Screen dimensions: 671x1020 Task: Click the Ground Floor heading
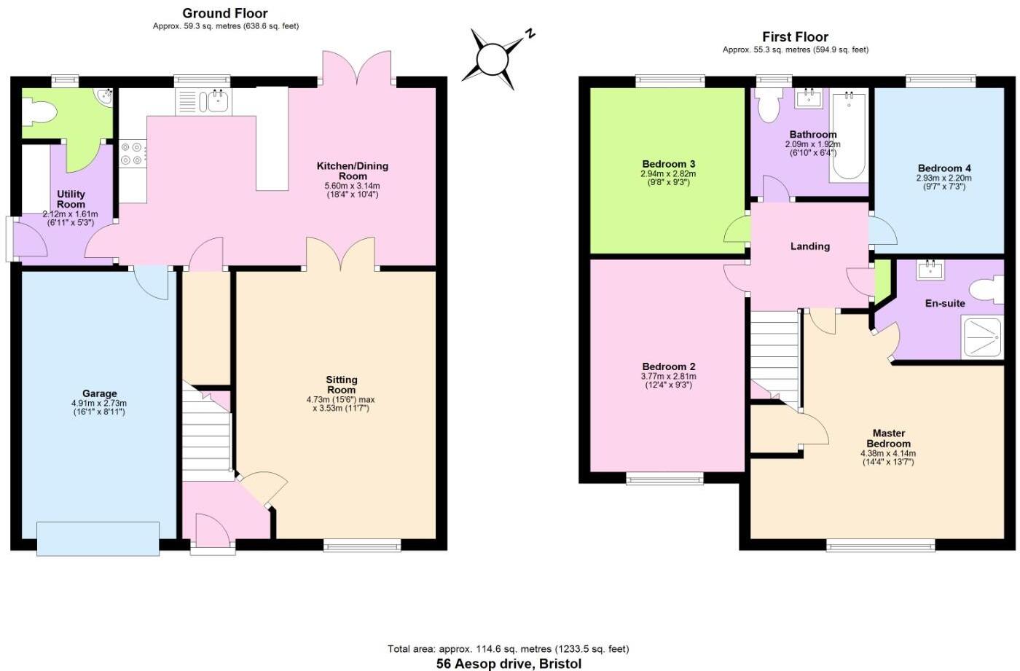point(224,13)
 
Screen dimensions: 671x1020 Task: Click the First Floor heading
point(795,36)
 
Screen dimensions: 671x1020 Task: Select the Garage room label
point(99,393)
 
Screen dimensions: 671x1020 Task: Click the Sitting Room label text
point(341,385)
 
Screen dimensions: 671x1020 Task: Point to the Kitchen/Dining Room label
point(352,170)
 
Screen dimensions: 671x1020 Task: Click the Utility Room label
point(71,199)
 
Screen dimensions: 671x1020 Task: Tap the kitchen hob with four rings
point(131,154)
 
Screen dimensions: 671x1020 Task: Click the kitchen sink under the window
point(217,101)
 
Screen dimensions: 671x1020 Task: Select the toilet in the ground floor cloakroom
point(39,112)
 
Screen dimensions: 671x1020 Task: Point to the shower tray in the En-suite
point(983,337)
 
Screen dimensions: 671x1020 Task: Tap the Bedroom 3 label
point(668,164)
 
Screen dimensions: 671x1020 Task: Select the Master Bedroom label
point(888,438)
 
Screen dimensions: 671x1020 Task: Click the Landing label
point(809,246)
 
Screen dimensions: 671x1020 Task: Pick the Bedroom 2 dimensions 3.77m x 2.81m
point(668,376)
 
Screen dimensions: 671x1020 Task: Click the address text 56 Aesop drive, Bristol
point(509,663)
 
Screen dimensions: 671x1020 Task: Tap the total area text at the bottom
point(508,648)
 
